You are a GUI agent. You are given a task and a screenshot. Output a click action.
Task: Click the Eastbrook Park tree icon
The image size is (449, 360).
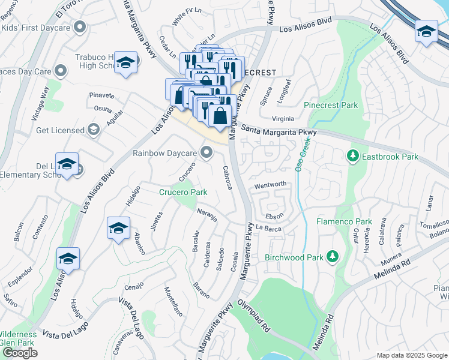coord(352,157)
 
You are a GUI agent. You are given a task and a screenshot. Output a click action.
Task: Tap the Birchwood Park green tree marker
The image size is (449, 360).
coord(333,257)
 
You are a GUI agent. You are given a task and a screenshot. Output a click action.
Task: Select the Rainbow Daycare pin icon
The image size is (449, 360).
coord(207,154)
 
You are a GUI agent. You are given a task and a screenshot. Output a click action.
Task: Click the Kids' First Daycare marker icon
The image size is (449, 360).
coord(80,27)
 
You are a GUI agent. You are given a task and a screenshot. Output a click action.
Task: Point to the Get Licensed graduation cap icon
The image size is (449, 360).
coord(93,130)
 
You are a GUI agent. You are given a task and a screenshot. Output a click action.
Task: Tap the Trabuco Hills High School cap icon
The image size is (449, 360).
coord(126,63)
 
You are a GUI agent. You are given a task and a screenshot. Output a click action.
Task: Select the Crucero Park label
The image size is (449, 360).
coord(182,193)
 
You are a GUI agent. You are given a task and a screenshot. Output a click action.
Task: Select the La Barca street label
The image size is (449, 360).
coord(268,228)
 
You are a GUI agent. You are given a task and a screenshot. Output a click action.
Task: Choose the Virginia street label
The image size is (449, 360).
coord(283,119)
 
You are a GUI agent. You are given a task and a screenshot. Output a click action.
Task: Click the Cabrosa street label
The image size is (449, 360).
coord(227,178)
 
